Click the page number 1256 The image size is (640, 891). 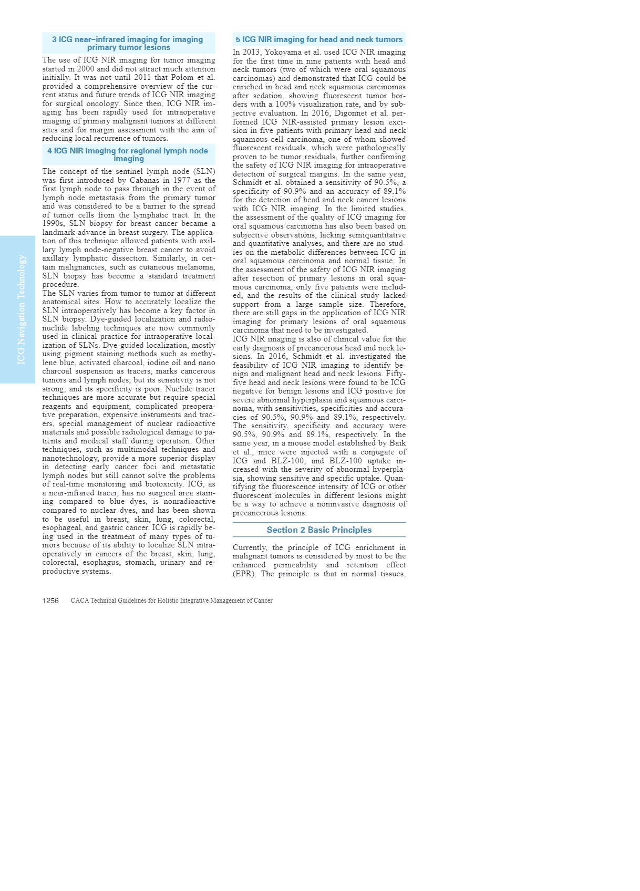coord(50,600)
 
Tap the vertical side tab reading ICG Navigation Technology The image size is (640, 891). coord(21,309)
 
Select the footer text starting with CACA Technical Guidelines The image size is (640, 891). coord(171,600)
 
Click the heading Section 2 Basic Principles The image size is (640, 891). coord(319,530)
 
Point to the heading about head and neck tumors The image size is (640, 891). coord(319,39)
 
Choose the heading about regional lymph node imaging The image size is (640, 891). coord(128,154)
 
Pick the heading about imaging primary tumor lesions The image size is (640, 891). coord(128,43)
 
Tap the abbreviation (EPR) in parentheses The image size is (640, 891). coord(244,574)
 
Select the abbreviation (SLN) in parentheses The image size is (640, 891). coord(204,171)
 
